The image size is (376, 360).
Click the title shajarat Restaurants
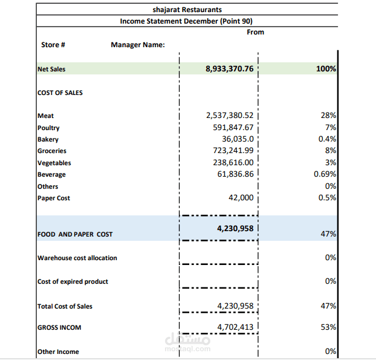pyautogui.click(x=187, y=10)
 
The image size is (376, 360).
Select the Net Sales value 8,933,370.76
pyautogui.click(x=229, y=69)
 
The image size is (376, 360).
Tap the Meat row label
pyautogui.click(x=46, y=116)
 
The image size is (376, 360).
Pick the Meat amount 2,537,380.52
pyautogui.click(x=229, y=116)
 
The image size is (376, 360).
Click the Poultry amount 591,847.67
pyautogui.click(x=233, y=128)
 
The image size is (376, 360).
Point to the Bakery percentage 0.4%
pyautogui.click(x=326, y=139)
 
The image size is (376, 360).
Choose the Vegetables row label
pyautogui.click(x=54, y=163)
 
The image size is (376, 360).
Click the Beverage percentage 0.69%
pyautogui.click(x=325, y=174)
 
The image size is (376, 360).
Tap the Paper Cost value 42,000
pyautogui.click(x=241, y=198)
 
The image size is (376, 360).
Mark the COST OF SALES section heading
pyautogui.click(x=60, y=93)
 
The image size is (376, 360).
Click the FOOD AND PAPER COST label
pyautogui.click(x=75, y=234)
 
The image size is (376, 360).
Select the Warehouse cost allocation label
pyautogui.click(x=77, y=258)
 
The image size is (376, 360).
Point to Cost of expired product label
pyautogui.click(x=73, y=281)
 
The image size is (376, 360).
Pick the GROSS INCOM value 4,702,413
pyautogui.click(x=235, y=327)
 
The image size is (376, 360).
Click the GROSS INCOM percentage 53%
pyautogui.click(x=329, y=327)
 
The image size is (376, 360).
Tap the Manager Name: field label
pyautogui.click(x=138, y=45)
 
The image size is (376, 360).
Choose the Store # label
pyautogui.click(x=53, y=45)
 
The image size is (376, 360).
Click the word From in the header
pyautogui.click(x=256, y=32)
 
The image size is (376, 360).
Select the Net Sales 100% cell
pyautogui.click(x=326, y=69)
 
